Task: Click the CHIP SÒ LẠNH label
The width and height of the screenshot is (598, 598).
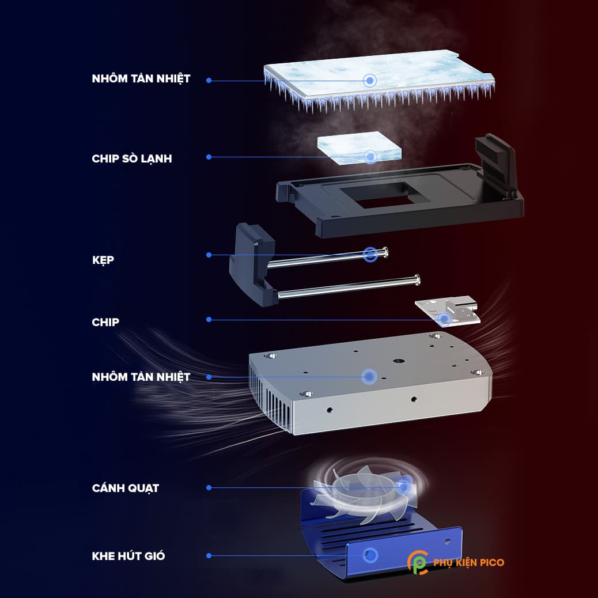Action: pyautogui.click(x=131, y=158)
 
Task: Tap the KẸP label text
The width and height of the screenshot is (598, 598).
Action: pyautogui.click(x=103, y=260)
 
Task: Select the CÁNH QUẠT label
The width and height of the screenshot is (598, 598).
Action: pyautogui.click(x=125, y=488)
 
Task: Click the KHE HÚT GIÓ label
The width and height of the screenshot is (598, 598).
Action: pyautogui.click(x=128, y=556)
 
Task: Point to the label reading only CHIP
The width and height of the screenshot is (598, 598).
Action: pyautogui.click(x=105, y=322)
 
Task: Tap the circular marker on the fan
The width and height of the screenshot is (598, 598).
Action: pyautogui.click(x=403, y=487)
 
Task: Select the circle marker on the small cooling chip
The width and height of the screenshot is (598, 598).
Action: pyautogui.click(x=371, y=156)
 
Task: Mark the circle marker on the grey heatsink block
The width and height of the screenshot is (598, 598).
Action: pyautogui.click(x=369, y=377)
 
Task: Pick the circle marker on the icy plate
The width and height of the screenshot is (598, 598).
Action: pyautogui.click(x=369, y=80)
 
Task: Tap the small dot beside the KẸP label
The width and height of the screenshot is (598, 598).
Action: pyautogui.click(x=209, y=255)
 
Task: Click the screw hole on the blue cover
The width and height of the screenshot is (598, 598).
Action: pyautogui.click(x=448, y=541)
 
